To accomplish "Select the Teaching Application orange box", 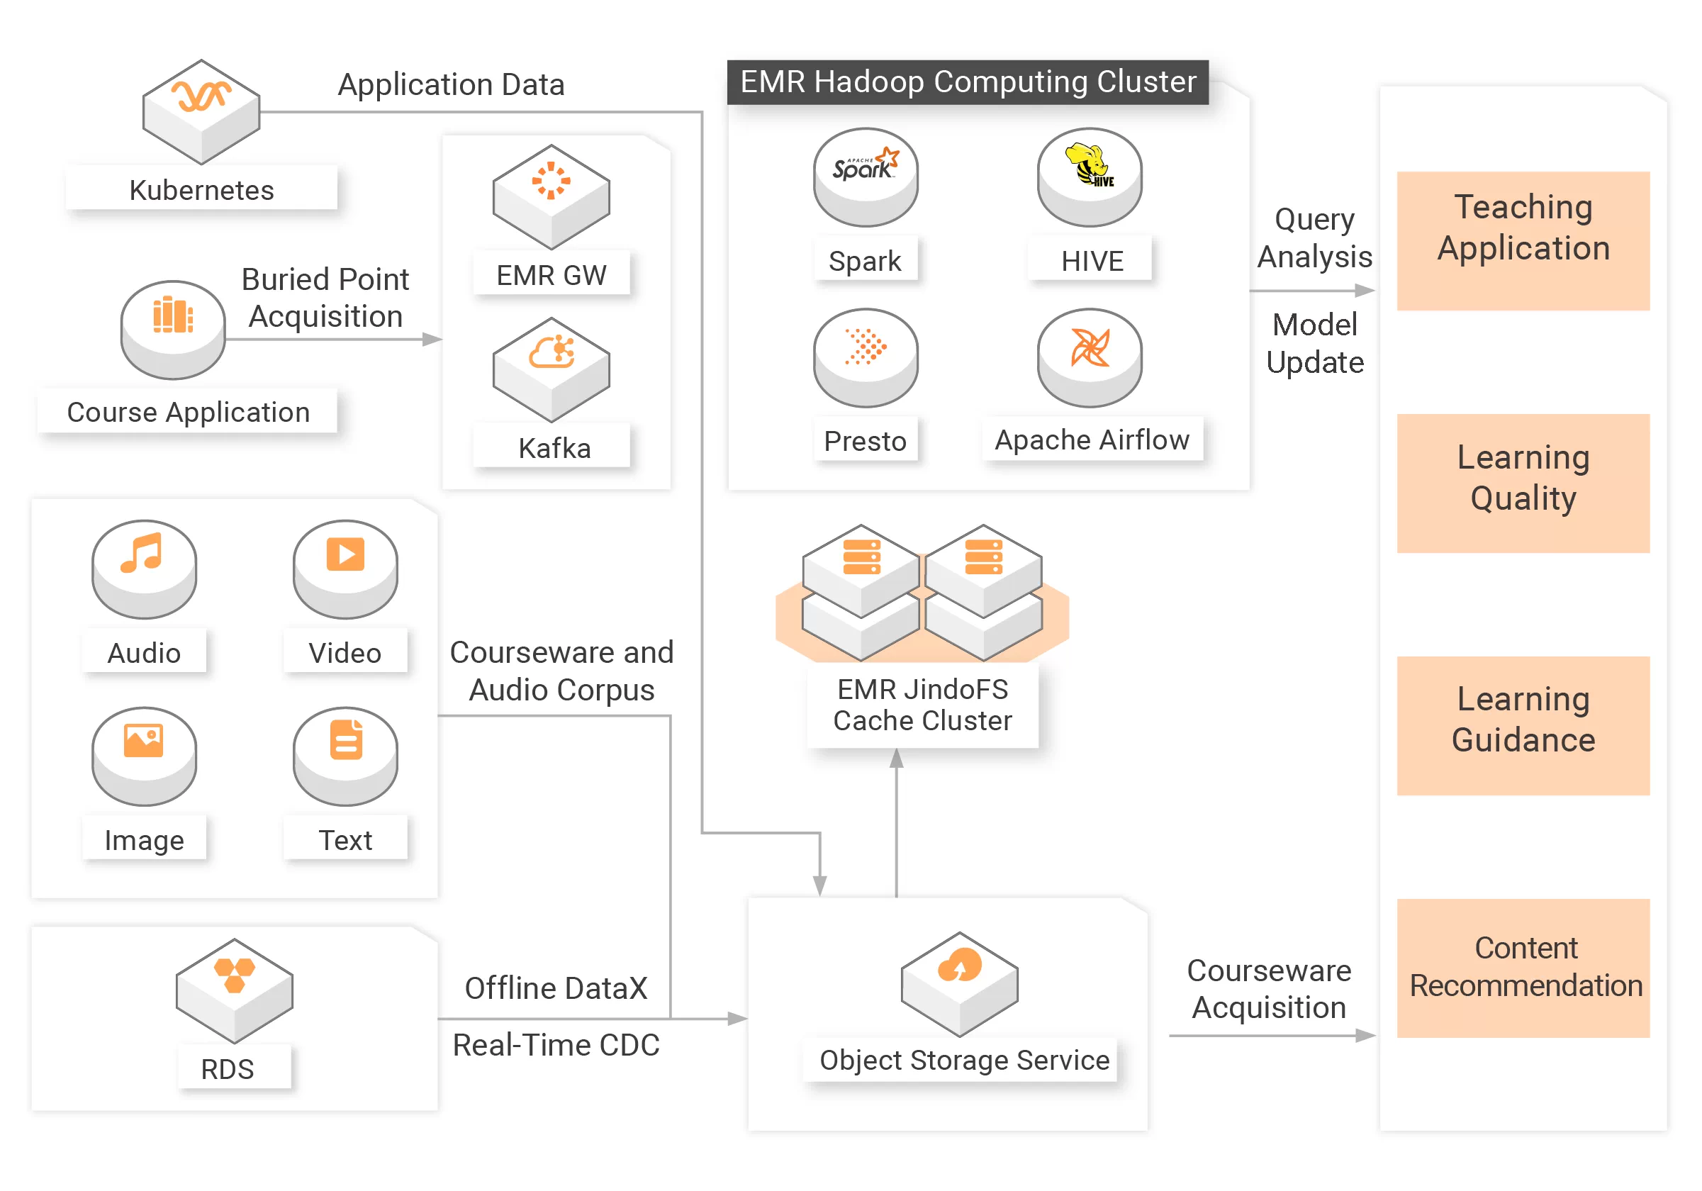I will click(x=1523, y=240).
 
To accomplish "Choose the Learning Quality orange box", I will click(x=1523, y=483).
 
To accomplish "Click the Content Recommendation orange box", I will click(x=1523, y=967).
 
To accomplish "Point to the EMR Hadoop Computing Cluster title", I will click(x=968, y=82).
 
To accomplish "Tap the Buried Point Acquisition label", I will click(x=325, y=297).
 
